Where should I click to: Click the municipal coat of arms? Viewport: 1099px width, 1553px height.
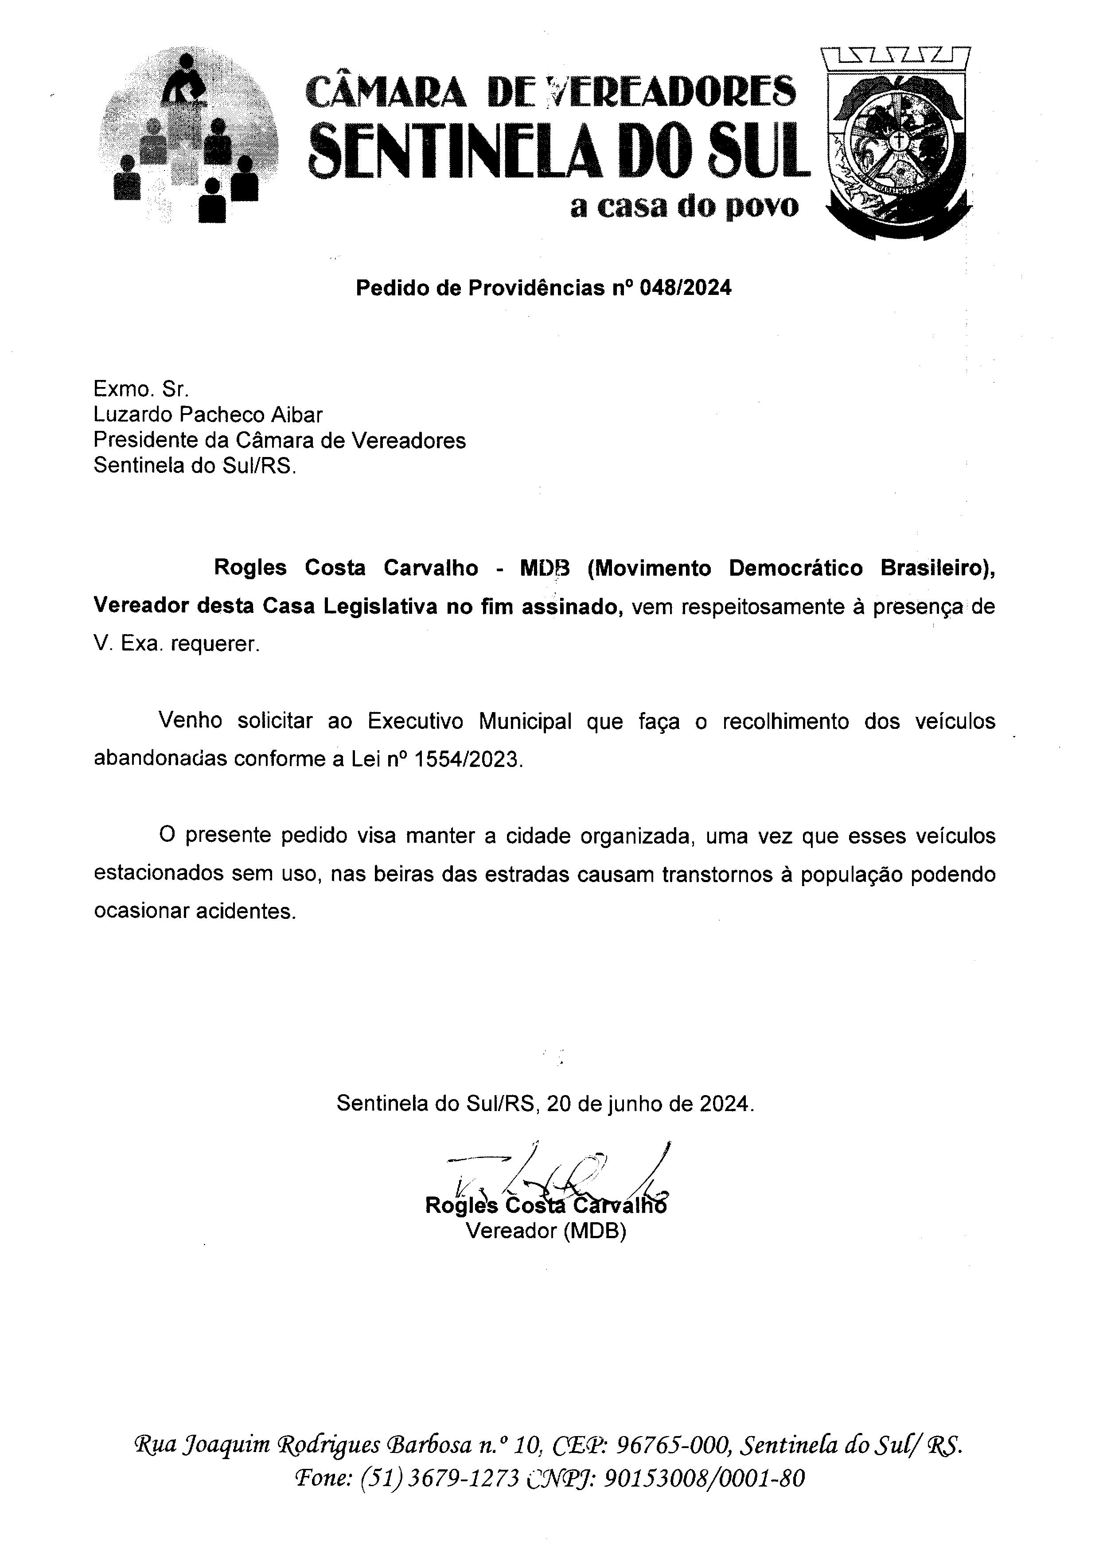tap(899, 143)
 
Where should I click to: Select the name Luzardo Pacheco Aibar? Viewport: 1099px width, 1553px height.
tap(208, 414)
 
